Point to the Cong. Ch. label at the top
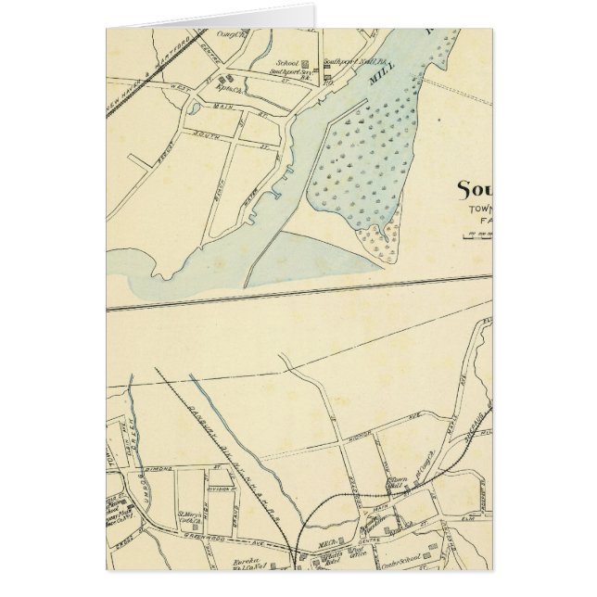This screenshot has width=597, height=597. [227, 34]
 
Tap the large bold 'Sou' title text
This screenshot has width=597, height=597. [474, 190]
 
